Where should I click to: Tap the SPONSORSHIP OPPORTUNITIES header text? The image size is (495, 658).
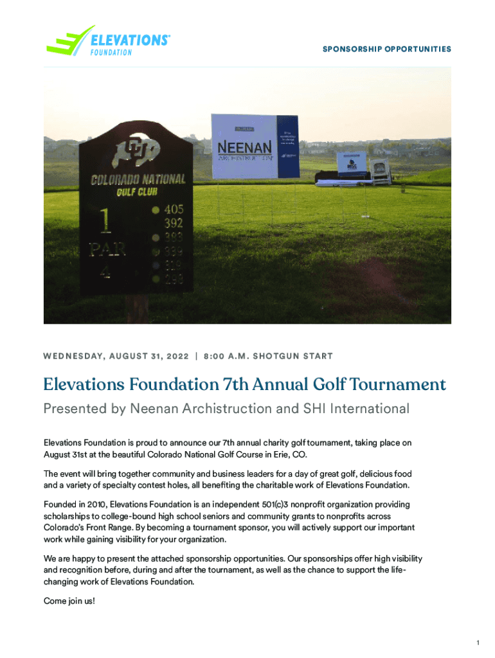(386, 49)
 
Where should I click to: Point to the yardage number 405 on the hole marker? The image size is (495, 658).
(174, 209)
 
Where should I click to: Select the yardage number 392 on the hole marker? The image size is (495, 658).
(174, 224)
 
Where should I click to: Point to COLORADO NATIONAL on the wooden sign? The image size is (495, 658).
(138, 179)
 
